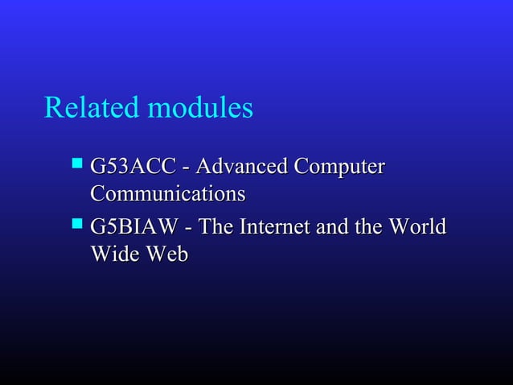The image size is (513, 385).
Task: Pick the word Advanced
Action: (240, 168)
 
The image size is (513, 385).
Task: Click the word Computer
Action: (339, 168)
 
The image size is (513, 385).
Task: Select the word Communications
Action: (167, 194)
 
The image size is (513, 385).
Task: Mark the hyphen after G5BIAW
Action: (190, 230)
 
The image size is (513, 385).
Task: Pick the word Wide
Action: (111, 255)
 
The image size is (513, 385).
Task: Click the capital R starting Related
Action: (53, 107)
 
